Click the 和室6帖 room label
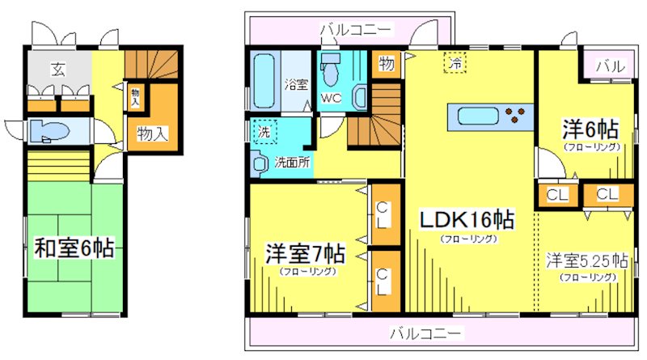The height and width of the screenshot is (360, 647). point(74,248)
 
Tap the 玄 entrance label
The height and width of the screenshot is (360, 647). point(58,68)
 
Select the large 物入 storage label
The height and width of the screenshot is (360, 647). point(152,133)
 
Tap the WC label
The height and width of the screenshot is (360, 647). point(332,97)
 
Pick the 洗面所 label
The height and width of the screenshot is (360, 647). point(291,160)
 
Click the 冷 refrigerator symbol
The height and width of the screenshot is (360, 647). point(455,61)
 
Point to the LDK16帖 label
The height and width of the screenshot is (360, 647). point(467,219)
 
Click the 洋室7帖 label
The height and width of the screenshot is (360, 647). point(306,254)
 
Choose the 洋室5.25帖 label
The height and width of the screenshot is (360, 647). point(586,260)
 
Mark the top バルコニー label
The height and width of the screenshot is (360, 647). point(357,30)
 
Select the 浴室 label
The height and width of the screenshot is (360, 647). point(295,83)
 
